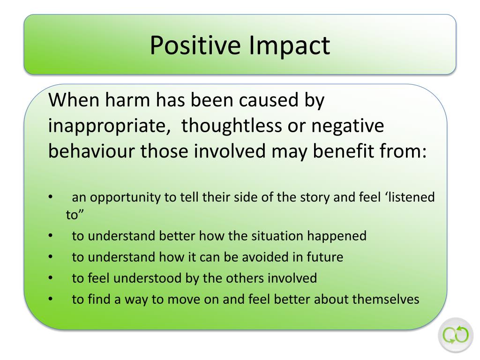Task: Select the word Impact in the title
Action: point(289,45)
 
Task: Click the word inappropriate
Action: point(109,126)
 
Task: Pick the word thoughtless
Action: point(232,126)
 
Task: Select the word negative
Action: point(348,126)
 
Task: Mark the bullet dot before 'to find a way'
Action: point(51,299)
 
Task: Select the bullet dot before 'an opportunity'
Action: point(51,197)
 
